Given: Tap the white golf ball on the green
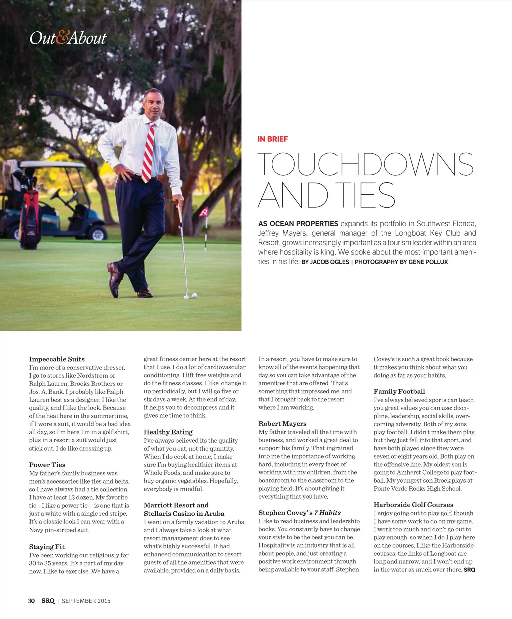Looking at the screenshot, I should pos(194,296).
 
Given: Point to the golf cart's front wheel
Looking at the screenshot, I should pos(98,233).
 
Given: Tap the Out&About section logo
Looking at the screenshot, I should pos(68,38).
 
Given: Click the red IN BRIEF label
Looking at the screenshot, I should pos(273,139).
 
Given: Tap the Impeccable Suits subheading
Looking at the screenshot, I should pos(57,359).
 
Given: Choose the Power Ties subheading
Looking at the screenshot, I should pos(47,465).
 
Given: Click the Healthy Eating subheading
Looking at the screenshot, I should pos(168,432).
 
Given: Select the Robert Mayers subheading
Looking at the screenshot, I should pos(282,424).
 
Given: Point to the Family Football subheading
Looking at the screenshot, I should pos(399,392).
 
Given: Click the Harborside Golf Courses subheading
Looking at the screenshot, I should pos(413,505).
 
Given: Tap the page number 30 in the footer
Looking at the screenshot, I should pos(31,601).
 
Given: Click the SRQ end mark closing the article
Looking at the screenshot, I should pos(469,570).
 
